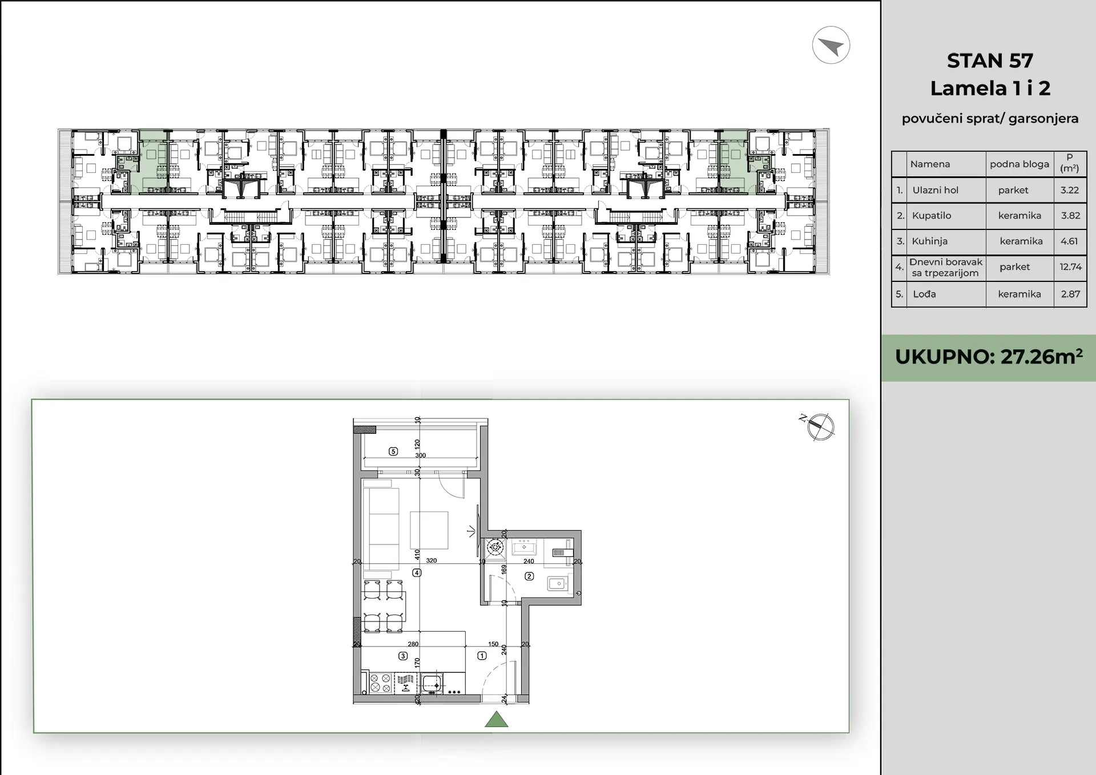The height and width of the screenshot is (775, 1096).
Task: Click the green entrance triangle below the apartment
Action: coord(497,720)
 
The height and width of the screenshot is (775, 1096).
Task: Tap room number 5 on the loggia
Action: coord(393,451)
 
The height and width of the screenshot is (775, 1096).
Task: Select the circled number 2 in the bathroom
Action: coord(529,576)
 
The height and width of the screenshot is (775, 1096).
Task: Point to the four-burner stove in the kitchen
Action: coord(380,683)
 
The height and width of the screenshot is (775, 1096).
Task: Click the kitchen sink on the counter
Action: coord(432,683)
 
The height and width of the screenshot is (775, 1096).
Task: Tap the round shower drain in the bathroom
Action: coord(495,548)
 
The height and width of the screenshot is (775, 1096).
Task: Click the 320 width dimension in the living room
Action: coord(432,560)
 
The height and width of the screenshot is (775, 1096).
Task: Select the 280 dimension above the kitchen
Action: coord(413,644)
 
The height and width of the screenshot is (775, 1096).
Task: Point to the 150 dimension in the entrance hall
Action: coord(493,644)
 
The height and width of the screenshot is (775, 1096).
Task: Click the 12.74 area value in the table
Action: coord(1070,267)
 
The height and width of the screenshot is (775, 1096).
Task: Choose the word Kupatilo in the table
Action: coord(932,215)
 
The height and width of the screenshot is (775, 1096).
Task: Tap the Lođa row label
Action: coord(924,294)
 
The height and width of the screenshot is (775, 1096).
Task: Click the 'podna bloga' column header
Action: coord(1020,164)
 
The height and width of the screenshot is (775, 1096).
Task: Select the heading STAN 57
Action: coord(990,60)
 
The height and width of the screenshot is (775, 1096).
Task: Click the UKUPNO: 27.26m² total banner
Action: coord(989,357)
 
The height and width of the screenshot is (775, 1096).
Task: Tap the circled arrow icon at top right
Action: coord(831,45)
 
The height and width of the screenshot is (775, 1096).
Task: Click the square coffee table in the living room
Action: coord(429,531)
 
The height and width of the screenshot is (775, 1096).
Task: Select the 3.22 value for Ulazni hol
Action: coord(1070,190)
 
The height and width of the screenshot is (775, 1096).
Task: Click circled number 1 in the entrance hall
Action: coord(482,656)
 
